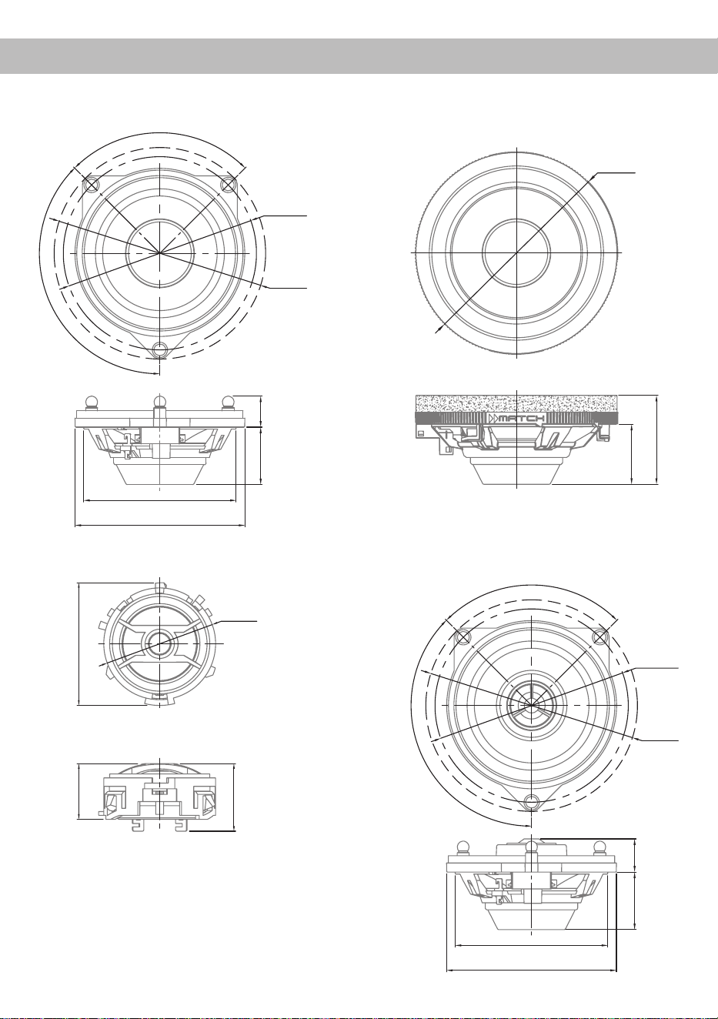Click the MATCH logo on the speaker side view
517,418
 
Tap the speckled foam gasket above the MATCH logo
517,403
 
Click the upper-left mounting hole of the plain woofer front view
91,185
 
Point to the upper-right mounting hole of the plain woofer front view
228,185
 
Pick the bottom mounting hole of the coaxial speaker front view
531,801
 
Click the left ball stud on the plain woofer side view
91,402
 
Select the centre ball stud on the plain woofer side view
159,402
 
